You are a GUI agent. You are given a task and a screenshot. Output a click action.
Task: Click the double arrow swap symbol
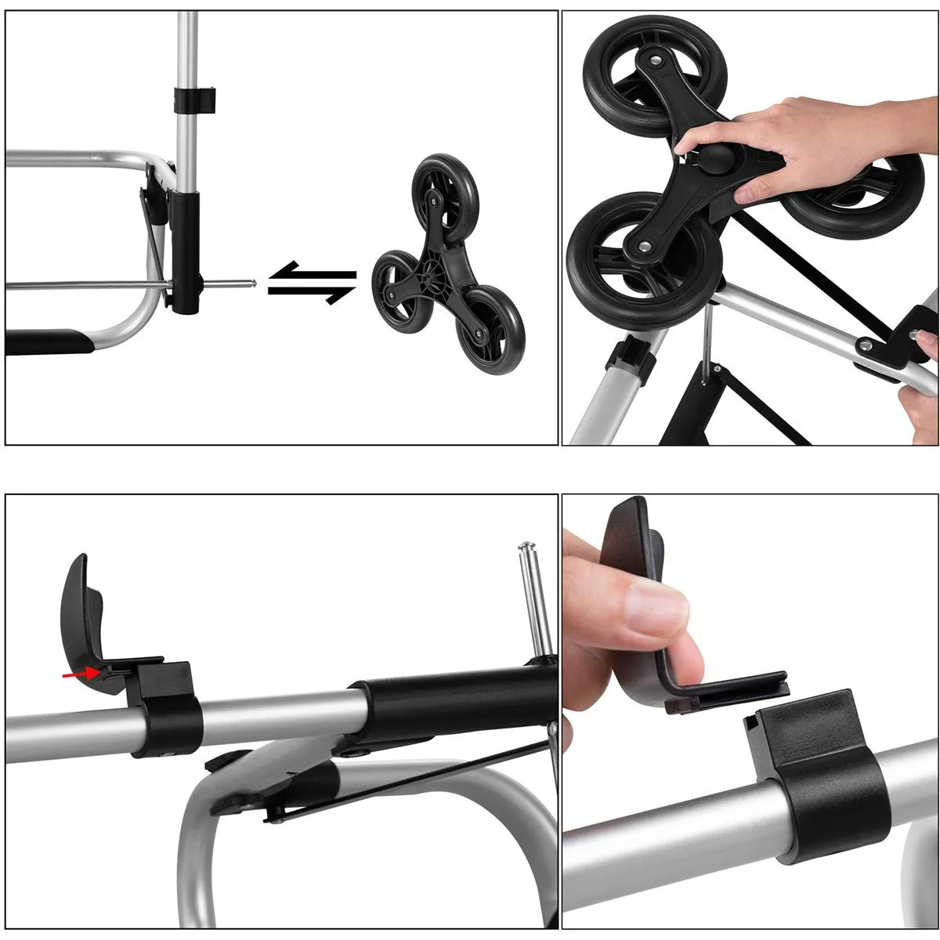[311, 282]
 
